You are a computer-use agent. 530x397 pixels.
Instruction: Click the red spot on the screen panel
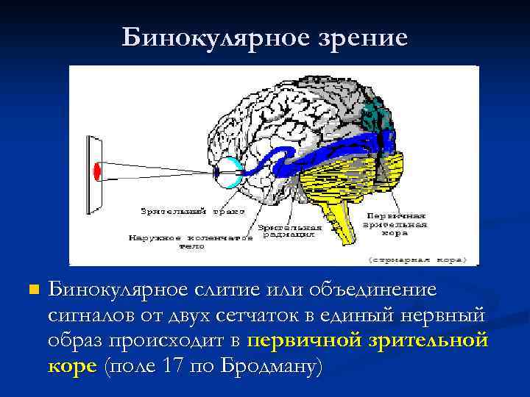click(96, 171)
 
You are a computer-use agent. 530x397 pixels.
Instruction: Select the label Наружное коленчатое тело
click(191, 242)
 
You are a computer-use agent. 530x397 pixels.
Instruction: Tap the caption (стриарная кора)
click(423, 260)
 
